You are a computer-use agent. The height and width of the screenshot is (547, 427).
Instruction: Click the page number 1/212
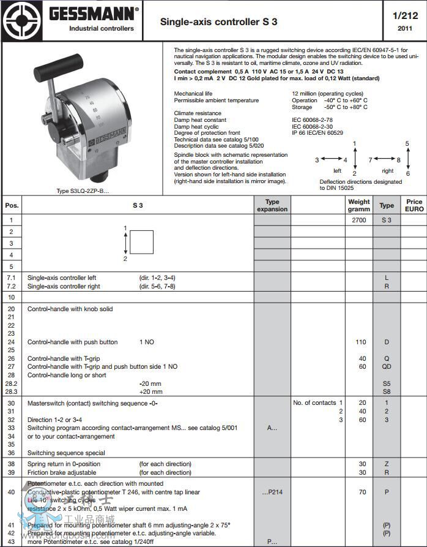coord(405,16)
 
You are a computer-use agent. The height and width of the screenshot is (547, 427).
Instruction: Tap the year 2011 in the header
coord(405,28)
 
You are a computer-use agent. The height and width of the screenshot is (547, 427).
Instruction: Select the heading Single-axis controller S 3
coord(218,21)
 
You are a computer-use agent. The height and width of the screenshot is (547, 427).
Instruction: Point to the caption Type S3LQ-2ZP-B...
coord(82,191)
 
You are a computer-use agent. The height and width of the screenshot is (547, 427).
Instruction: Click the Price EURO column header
coord(414,205)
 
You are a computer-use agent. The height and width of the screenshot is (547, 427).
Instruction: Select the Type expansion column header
coord(272,205)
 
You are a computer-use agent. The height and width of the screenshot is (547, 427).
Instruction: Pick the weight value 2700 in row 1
coord(359,220)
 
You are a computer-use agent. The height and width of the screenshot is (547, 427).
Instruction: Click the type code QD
coord(387,367)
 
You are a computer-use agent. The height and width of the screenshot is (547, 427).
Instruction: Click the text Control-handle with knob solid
coord(70,309)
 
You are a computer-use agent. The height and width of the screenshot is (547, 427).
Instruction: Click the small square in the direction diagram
coord(142,241)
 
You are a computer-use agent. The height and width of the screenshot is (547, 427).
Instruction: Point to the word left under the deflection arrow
coord(337,171)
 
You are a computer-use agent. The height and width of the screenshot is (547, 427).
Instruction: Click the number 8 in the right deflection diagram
coord(399,160)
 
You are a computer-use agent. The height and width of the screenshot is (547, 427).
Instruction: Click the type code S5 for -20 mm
coord(387,383)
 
